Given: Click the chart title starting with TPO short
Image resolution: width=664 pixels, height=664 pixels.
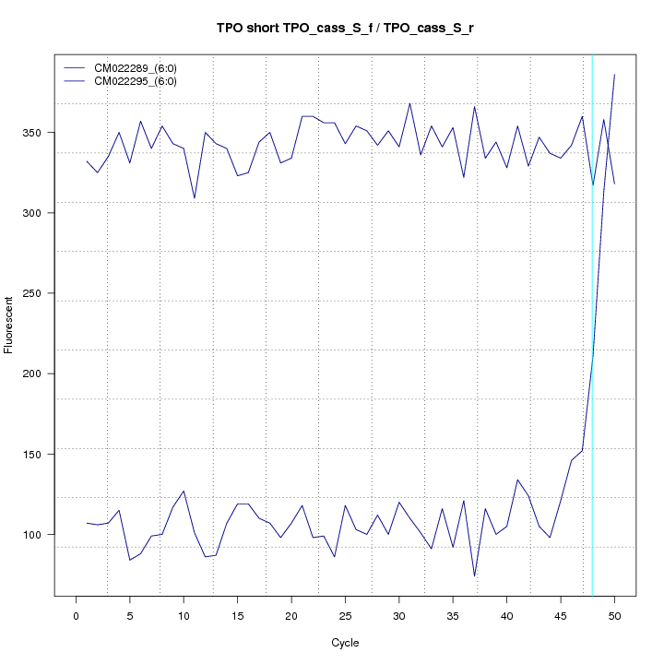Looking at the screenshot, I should [x=344, y=28].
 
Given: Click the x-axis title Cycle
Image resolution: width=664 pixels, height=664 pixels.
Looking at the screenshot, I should [x=344, y=643].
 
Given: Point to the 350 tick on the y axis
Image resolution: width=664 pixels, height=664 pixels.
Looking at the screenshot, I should [x=42, y=133].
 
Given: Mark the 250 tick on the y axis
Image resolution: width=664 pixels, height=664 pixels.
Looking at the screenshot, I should [x=42, y=293].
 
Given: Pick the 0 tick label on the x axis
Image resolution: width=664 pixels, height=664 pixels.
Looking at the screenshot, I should [x=76, y=615].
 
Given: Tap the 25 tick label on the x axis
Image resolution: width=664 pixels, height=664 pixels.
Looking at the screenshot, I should [x=345, y=615].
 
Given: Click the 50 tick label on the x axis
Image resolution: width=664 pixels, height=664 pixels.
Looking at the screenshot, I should [x=614, y=615].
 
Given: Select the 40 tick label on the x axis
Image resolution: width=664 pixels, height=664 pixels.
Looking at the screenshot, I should [x=506, y=615].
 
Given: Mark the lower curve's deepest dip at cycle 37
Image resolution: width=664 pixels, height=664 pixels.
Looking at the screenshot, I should [x=474, y=576].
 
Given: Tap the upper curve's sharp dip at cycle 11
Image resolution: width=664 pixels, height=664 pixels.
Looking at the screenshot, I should [x=195, y=198].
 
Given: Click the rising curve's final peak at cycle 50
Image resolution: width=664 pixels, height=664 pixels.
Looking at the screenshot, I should [x=614, y=74].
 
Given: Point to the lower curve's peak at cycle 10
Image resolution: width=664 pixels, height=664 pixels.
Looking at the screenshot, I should [x=184, y=491].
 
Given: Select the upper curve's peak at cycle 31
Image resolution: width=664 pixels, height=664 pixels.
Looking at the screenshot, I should [x=409, y=103].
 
